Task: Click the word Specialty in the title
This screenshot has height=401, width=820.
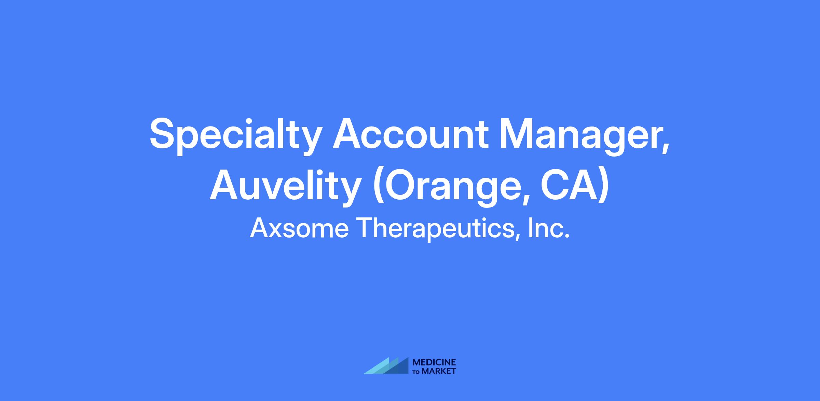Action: pos(236,136)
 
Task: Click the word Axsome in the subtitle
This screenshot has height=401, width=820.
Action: pos(299,228)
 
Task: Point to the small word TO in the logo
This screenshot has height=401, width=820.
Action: pos(416,372)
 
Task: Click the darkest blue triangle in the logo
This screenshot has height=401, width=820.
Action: pos(400,367)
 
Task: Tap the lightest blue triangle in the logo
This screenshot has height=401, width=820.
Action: pos(379,367)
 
